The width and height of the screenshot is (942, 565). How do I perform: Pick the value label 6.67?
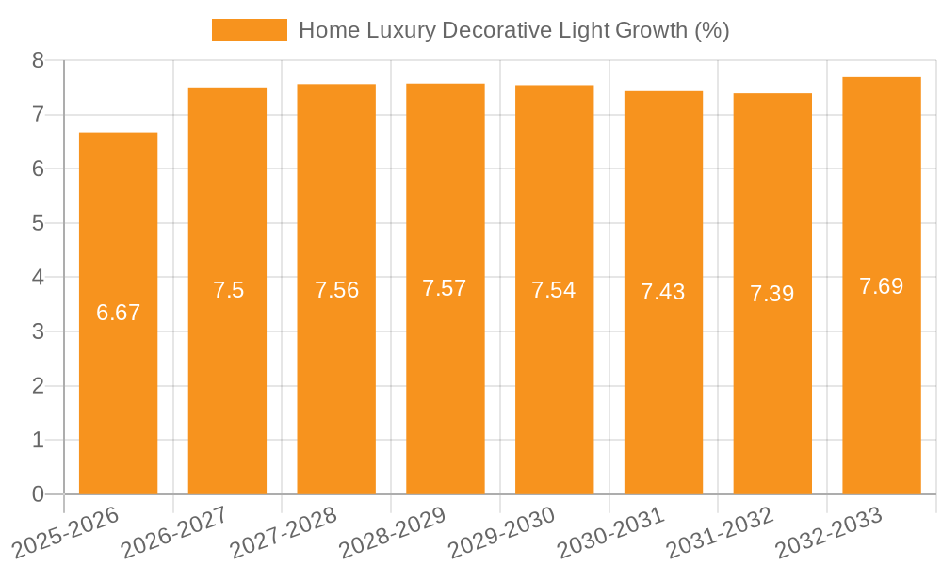[119, 313]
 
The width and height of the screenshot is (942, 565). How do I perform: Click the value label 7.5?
[228, 290]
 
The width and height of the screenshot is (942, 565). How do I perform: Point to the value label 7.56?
[337, 290]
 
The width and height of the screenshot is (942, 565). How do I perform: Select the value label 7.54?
[554, 290]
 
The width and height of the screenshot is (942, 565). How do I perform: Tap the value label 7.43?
[663, 292]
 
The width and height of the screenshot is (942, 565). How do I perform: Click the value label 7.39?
[772, 294]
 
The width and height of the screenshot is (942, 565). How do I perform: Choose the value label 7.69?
[882, 286]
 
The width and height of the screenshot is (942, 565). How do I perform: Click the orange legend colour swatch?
[250, 30]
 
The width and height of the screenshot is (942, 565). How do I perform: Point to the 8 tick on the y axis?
[39, 60]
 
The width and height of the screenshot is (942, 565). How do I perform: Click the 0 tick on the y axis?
[39, 494]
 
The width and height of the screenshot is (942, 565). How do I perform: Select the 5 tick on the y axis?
[39, 223]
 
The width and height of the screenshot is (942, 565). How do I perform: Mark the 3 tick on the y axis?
[39, 331]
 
